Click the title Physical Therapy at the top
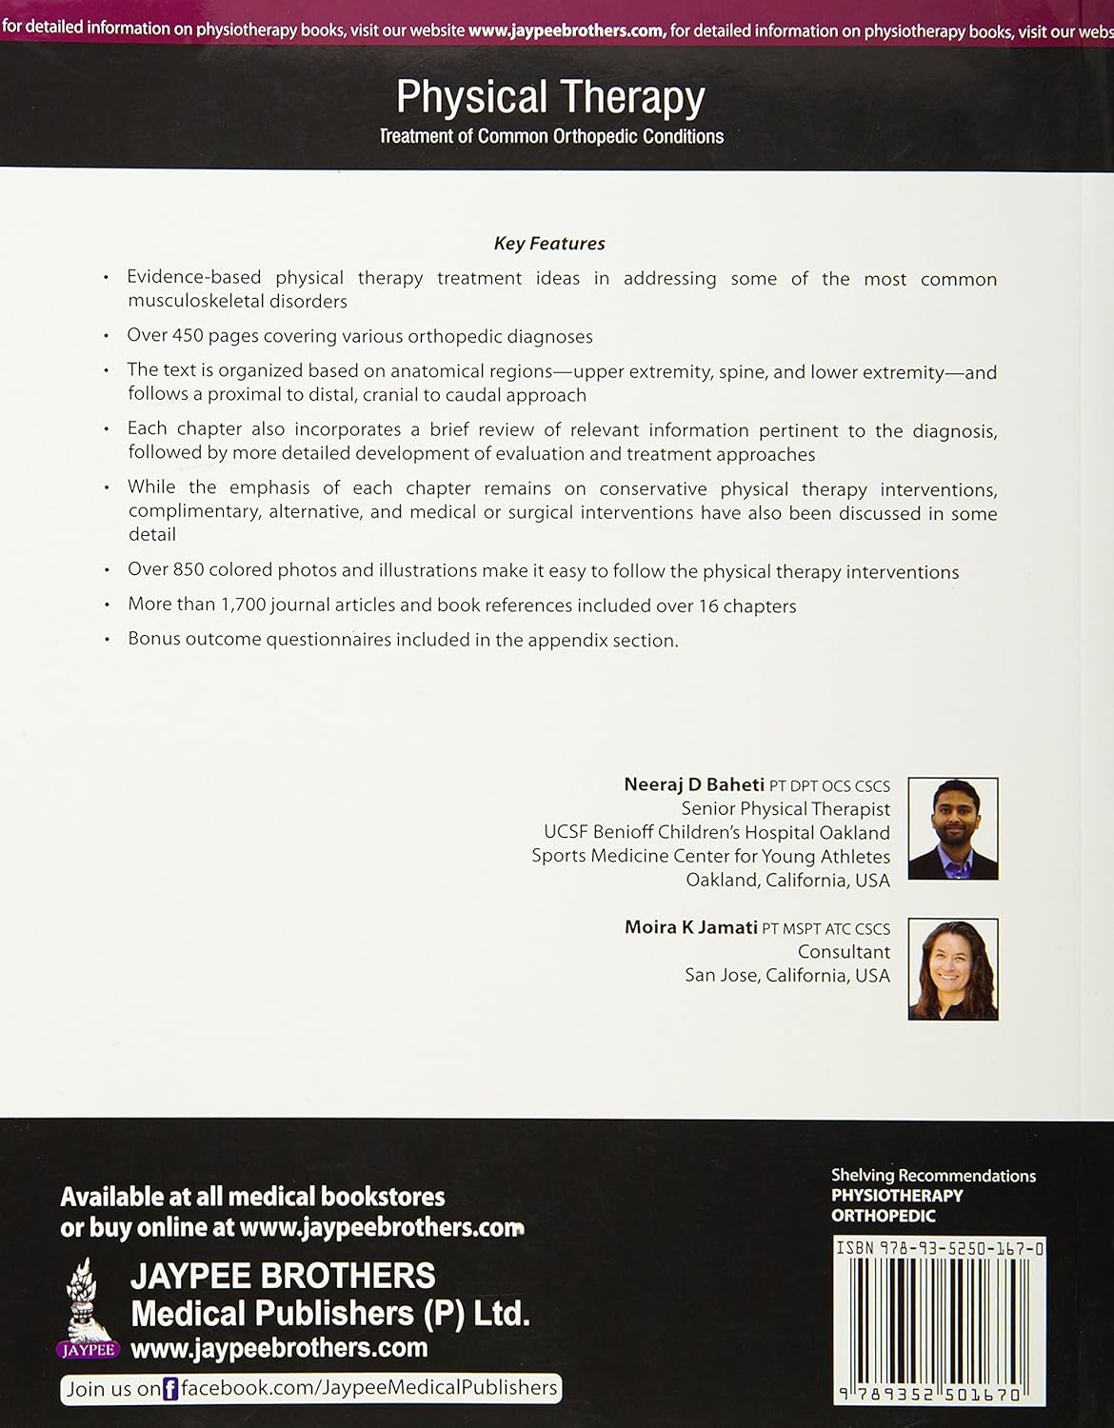pyautogui.click(x=550, y=98)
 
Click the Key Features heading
pyautogui.click(x=549, y=244)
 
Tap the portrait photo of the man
pyautogui.click(x=952, y=828)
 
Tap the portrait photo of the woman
pyautogui.click(x=952, y=969)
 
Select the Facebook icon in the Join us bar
pyautogui.click(x=171, y=1389)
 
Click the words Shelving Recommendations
pyautogui.click(x=933, y=1176)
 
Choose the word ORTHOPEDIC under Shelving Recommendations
pyautogui.click(x=883, y=1216)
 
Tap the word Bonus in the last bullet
pyautogui.click(x=153, y=640)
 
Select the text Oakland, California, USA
pyautogui.click(x=787, y=881)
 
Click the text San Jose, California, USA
pyautogui.click(x=787, y=976)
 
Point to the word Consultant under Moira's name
pyautogui.click(x=844, y=952)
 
